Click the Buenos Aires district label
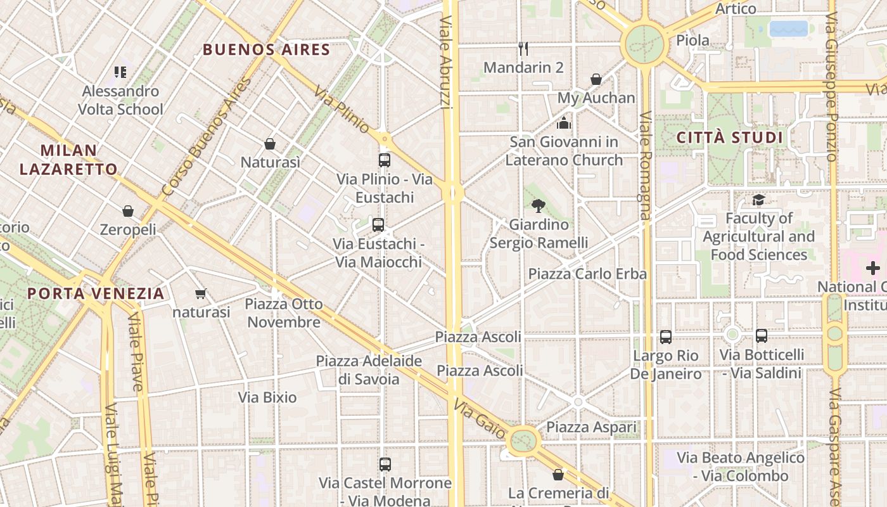[266, 49]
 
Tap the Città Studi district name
[730, 138]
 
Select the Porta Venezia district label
[96, 293]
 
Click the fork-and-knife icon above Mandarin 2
[523, 49]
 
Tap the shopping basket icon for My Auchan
[596, 79]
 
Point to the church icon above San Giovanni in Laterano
[564, 122]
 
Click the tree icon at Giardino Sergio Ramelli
[539, 205]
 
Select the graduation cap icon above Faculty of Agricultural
[758, 200]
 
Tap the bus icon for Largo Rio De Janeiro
[665, 337]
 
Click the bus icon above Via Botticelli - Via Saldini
[762, 336]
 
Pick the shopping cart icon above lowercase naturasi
[201, 293]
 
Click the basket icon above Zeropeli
[128, 210]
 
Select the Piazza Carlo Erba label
[587, 274]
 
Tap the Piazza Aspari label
[591, 427]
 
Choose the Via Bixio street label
[267, 397]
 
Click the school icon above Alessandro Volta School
[120, 72]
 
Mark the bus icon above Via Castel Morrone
[385, 465]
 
